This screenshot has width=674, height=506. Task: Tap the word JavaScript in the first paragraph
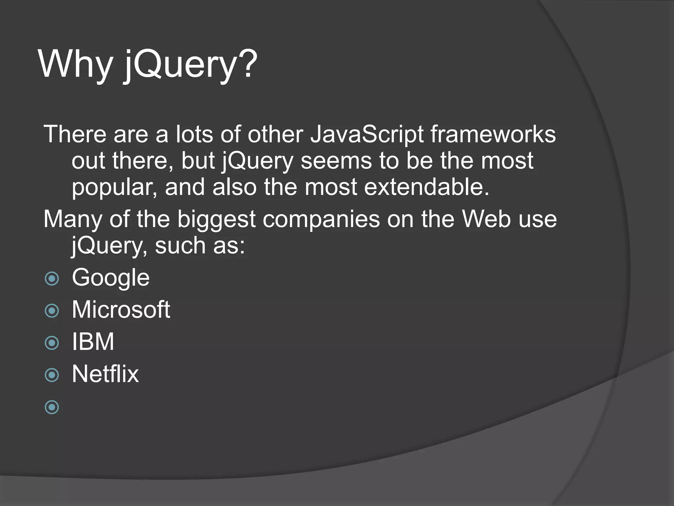(367, 135)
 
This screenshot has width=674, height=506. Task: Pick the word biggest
(216, 220)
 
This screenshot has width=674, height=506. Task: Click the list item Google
(111, 278)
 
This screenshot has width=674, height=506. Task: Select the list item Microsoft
(121, 310)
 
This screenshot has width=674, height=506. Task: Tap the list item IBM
(93, 342)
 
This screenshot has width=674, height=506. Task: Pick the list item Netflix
(105, 374)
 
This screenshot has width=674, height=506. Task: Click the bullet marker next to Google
(52, 279)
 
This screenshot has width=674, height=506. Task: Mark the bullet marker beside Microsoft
(52, 311)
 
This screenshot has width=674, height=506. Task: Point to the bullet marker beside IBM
(52, 343)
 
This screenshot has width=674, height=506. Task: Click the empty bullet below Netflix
(52, 407)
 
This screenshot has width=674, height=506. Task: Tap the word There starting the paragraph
(75, 135)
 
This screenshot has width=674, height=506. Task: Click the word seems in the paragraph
(336, 161)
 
